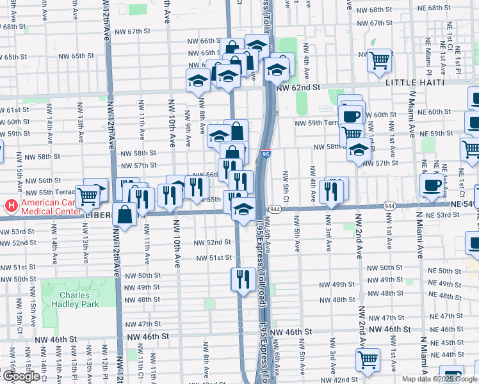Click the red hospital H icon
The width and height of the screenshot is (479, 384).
(11, 207)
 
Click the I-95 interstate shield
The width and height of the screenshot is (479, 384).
(266, 154)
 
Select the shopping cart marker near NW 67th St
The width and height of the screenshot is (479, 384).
(380, 61)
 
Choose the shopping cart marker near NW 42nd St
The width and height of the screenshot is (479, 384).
(368, 360)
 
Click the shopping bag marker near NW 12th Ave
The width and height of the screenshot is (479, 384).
(124, 215)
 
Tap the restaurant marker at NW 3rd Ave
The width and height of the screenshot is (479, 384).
(331, 191)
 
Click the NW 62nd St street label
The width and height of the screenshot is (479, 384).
(297, 88)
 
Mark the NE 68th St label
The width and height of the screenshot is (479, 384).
(448, 8)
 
